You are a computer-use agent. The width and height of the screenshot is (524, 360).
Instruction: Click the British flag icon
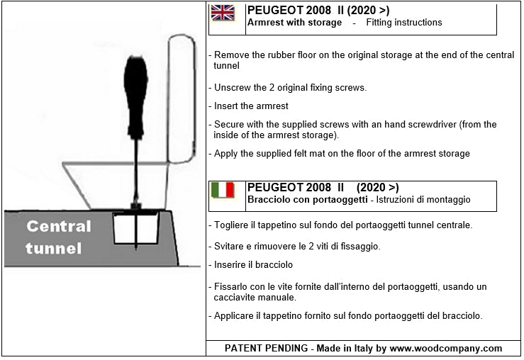pyautogui.click(x=223, y=13)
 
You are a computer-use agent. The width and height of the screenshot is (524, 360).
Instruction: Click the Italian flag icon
pyautogui.click(x=223, y=190)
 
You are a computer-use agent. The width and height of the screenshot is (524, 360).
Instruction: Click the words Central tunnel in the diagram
pyautogui.click(x=58, y=237)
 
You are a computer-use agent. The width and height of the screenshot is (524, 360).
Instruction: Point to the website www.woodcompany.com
pyautogui.click(x=445, y=348)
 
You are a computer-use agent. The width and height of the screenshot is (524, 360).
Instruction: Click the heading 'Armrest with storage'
pyautogui.click(x=294, y=23)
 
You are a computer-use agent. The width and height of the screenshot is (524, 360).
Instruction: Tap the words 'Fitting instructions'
pyautogui.click(x=403, y=23)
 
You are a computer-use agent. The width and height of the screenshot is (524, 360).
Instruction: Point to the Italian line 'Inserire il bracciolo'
pyautogui.click(x=253, y=264)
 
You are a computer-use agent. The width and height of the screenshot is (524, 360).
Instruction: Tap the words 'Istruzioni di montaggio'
pyautogui.click(x=423, y=200)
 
